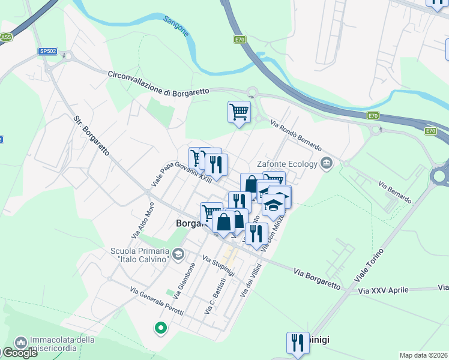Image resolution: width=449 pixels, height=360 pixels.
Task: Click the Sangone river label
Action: point(176,26)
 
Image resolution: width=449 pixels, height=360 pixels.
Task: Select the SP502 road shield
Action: point(47,52)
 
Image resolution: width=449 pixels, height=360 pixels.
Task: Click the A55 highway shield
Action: point(5,37)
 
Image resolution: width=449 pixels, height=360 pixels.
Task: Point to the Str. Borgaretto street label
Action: point(91,136)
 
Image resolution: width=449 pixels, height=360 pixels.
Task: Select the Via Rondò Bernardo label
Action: point(296,137)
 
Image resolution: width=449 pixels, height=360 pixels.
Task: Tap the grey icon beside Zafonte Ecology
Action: point(327,162)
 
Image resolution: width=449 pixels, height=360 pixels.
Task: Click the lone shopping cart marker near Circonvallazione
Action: point(239,112)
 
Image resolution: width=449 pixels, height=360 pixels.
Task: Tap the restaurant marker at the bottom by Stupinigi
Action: point(298,343)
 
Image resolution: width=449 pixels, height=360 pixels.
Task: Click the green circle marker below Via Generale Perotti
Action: point(160,328)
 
